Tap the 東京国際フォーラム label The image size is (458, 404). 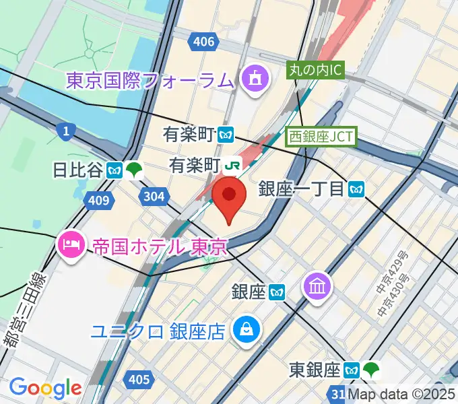150,81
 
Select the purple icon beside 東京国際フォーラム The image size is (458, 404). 255,80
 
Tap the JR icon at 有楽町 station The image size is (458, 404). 233,164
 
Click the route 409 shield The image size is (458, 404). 98,201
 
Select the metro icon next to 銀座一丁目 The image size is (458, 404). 356,190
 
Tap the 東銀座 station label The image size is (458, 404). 315,370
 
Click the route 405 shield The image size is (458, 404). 138,380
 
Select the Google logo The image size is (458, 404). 45,388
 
